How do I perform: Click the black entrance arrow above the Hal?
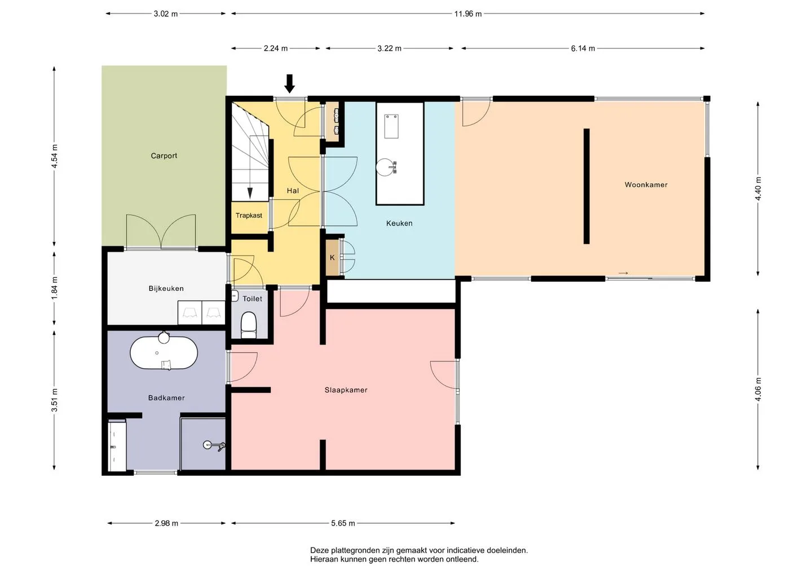(x=289, y=83)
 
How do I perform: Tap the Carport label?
(x=164, y=156)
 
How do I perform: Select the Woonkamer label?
(x=646, y=185)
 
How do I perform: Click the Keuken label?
(x=399, y=223)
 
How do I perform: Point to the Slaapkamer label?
(x=346, y=390)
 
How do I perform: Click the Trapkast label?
(x=249, y=215)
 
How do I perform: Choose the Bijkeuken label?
(x=166, y=289)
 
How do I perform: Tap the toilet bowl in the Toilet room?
(x=249, y=325)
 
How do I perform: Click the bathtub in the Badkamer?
(x=164, y=353)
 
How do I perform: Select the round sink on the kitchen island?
(x=385, y=167)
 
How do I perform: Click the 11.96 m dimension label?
(x=468, y=14)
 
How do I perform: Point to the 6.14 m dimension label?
(x=583, y=48)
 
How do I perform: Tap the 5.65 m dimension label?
(x=343, y=523)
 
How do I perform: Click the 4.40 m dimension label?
(x=758, y=188)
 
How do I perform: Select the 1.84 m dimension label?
(x=54, y=289)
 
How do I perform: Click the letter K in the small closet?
(x=332, y=258)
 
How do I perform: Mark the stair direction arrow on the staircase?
(x=250, y=193)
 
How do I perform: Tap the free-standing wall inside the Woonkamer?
(x=586, y=186)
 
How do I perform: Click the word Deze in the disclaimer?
(x=319, y=550)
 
